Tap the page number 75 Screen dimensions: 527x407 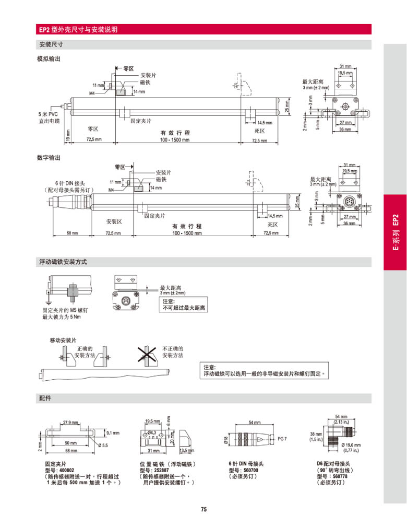[203, 509]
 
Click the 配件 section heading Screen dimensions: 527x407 [45, 399]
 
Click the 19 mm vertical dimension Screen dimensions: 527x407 [67, 136]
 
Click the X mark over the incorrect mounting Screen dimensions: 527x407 [148, 355]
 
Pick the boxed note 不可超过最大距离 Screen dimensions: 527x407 [184, 308]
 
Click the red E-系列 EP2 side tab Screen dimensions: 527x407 [395, 232]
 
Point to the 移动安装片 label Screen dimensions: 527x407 [63, 341]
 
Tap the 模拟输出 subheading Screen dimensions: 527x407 [49, 58]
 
